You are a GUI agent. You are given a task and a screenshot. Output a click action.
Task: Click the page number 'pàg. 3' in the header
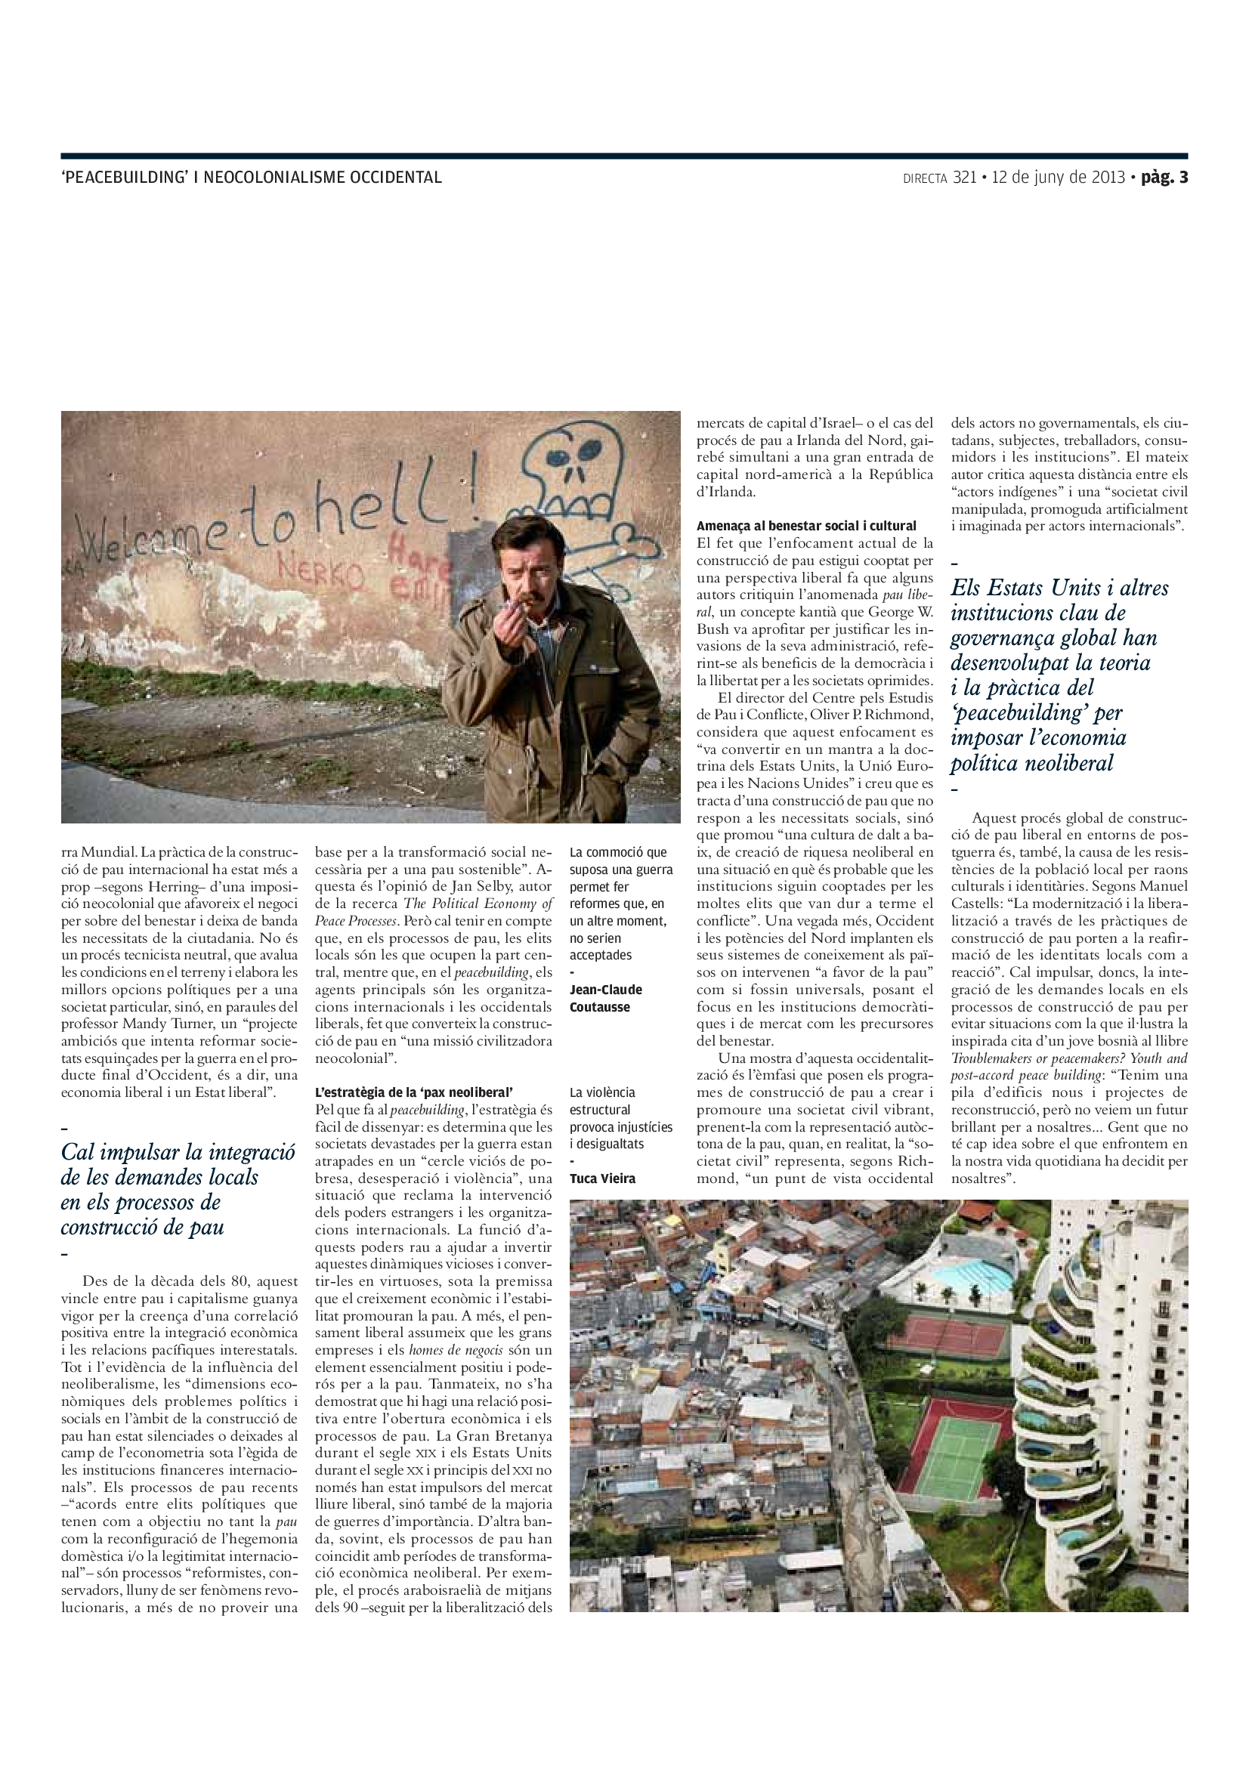point(1164,177)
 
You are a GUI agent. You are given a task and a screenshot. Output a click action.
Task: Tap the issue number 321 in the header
point(964,177)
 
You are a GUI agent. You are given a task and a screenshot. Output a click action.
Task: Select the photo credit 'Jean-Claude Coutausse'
point(606,998)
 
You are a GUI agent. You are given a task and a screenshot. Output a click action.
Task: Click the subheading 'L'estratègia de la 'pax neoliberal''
point(414,1092)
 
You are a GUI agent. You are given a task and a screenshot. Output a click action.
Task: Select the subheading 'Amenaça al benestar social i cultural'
point(805,526)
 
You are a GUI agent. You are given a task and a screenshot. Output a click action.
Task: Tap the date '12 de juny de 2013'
point(1058,177)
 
